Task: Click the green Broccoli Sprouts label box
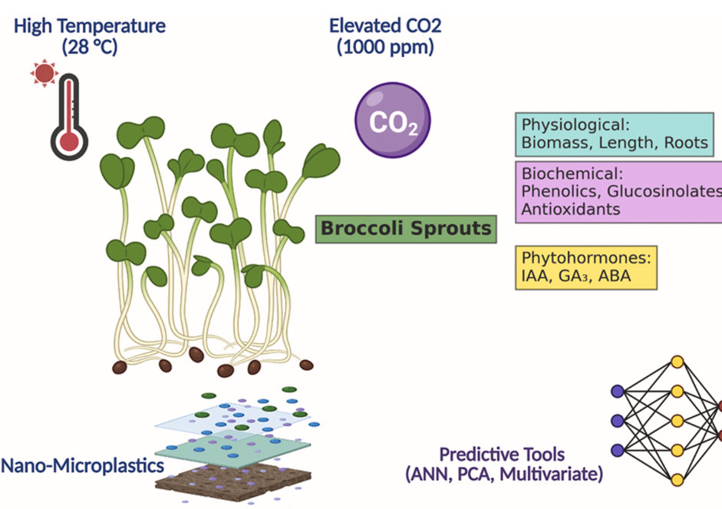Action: pos(405,229)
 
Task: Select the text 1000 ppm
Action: pos(385,47)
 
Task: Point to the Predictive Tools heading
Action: pos(503,454)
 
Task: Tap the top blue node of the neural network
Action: pos(618,391)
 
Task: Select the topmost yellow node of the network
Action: pos(677,362)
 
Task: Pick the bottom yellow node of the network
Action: pos(677,480)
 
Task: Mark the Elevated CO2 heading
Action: pos(385,25)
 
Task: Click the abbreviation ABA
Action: pos(613,276)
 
